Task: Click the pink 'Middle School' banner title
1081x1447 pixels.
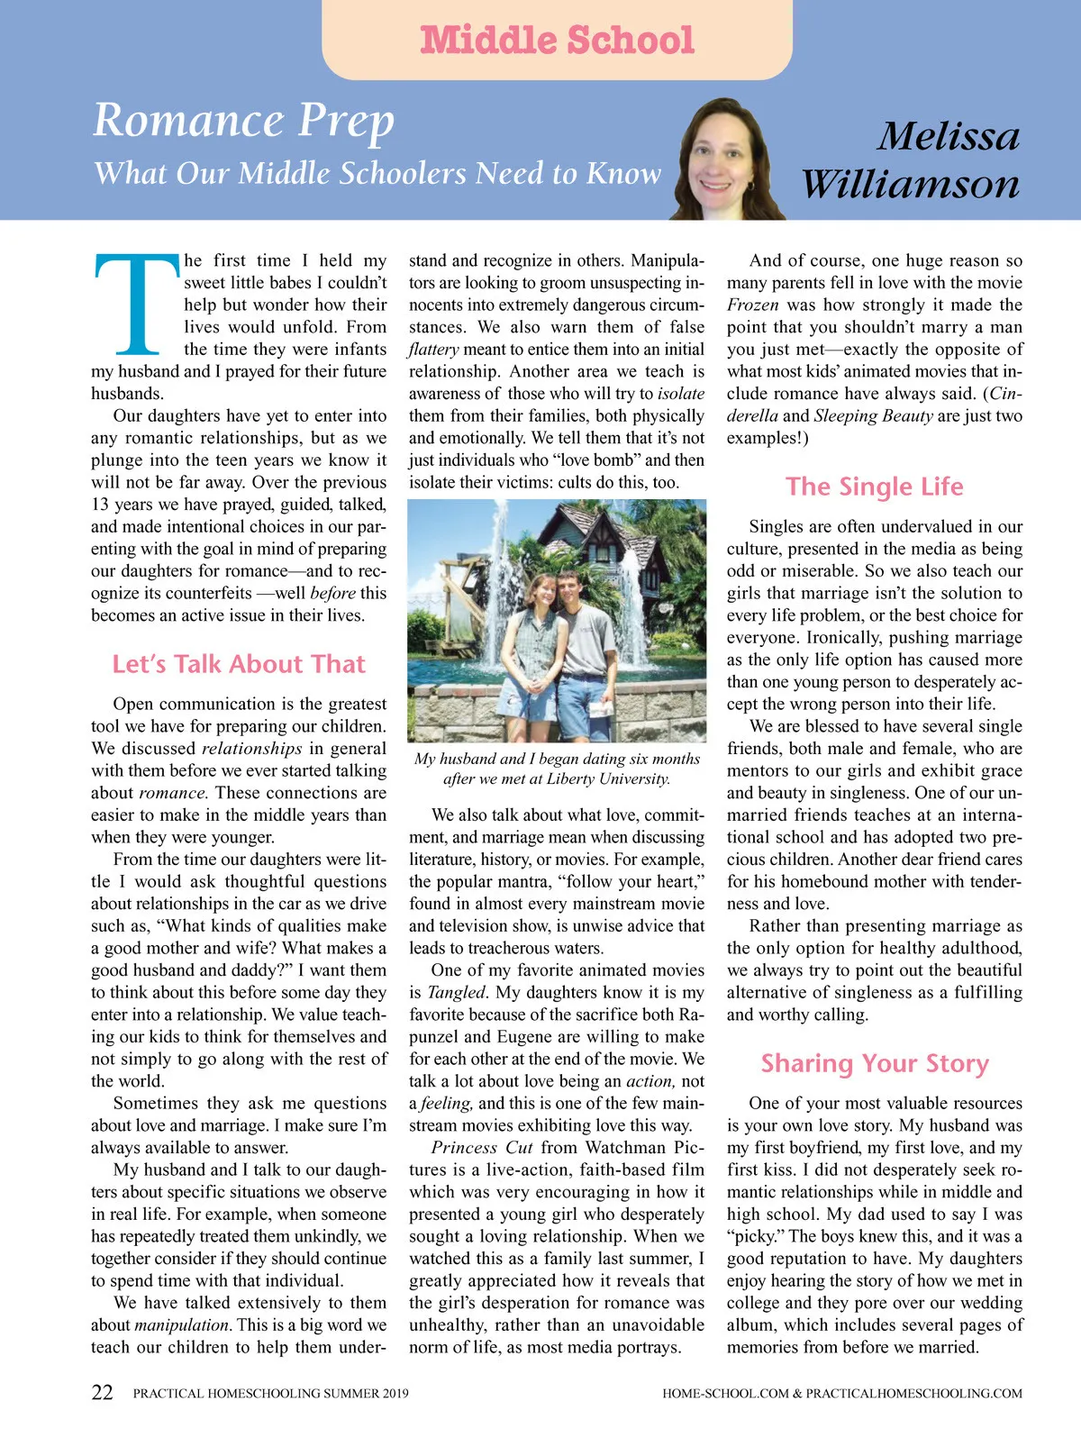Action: pos(557,41)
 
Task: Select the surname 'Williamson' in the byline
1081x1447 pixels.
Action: pos(910,184)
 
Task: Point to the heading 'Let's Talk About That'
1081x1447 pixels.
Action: pos(239,664)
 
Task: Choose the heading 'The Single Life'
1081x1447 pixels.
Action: pos(874,487)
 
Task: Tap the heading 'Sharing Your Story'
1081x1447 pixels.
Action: pos(874,1063)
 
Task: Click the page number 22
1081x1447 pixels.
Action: pos(103,1392)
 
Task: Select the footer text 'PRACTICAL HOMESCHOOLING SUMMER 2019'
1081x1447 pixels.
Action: pos(270,1393)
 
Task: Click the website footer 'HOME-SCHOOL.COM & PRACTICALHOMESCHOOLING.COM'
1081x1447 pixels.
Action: pos(841,1393)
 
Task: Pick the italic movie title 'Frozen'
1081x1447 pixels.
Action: pos(753,305)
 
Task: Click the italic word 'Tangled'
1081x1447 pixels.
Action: pos(456,992)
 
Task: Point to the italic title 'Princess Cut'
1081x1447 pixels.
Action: pos(482,1148)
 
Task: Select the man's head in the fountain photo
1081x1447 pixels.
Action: pos(568,590)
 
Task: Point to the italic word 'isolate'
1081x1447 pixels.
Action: pos(680,394)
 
